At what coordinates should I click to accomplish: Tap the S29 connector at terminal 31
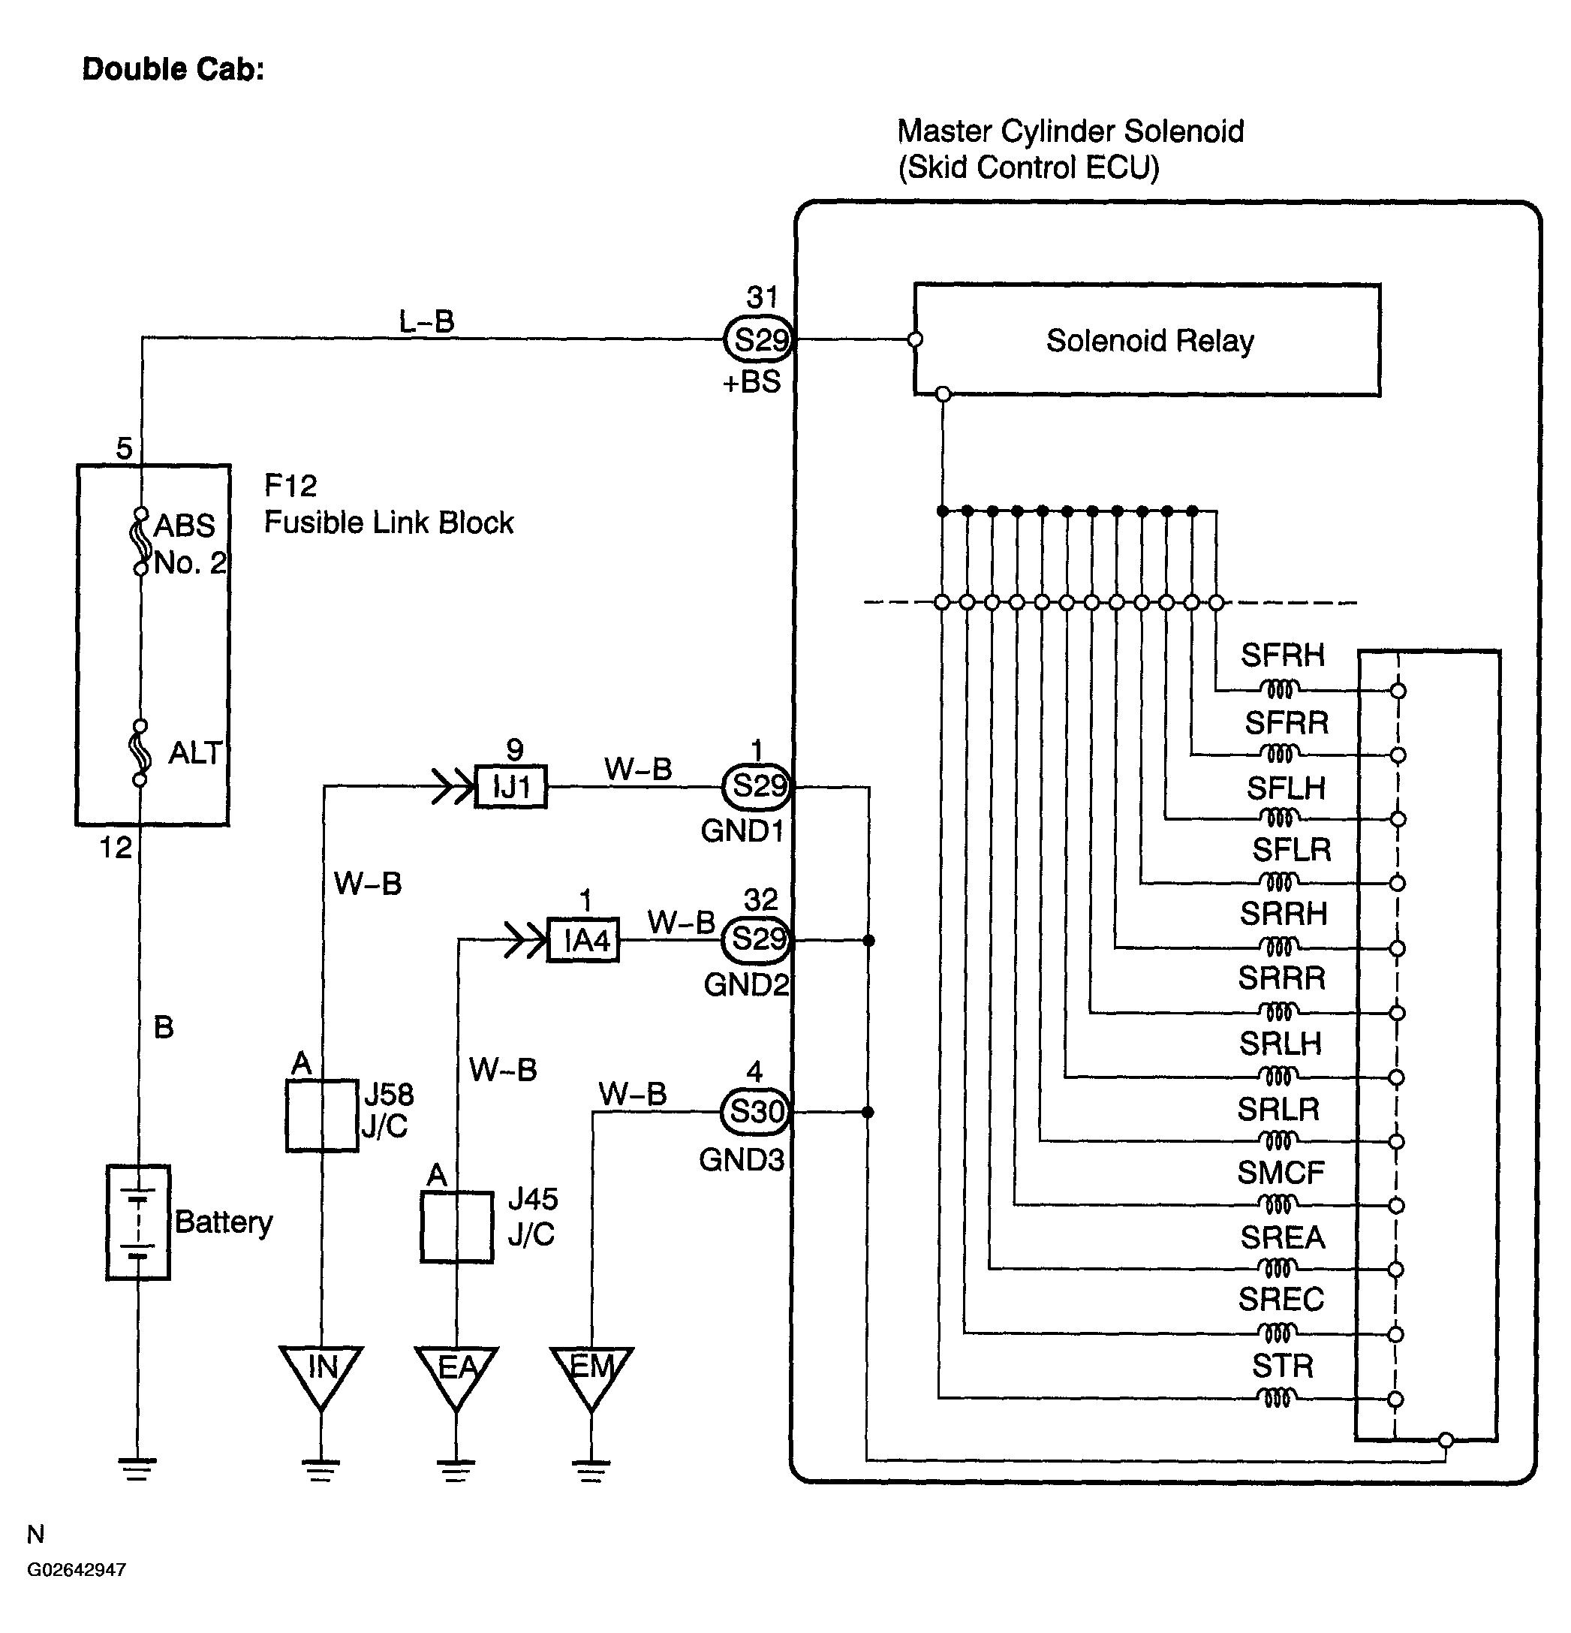758,340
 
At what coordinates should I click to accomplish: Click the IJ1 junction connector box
510,785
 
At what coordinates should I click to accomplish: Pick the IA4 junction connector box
583,941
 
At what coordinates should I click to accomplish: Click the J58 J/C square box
321,1116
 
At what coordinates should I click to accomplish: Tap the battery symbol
138,1222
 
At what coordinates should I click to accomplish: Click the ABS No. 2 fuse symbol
141,541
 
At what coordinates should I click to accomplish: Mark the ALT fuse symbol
140,752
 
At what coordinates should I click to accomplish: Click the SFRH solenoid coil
1280,689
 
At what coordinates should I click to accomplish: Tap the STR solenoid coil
1280,1397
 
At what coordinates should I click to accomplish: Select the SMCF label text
1281,1172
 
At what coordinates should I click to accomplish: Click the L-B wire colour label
426,321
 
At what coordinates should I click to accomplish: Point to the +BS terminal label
751,381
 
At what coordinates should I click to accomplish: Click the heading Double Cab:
173,69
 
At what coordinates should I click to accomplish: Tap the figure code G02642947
77,1570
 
